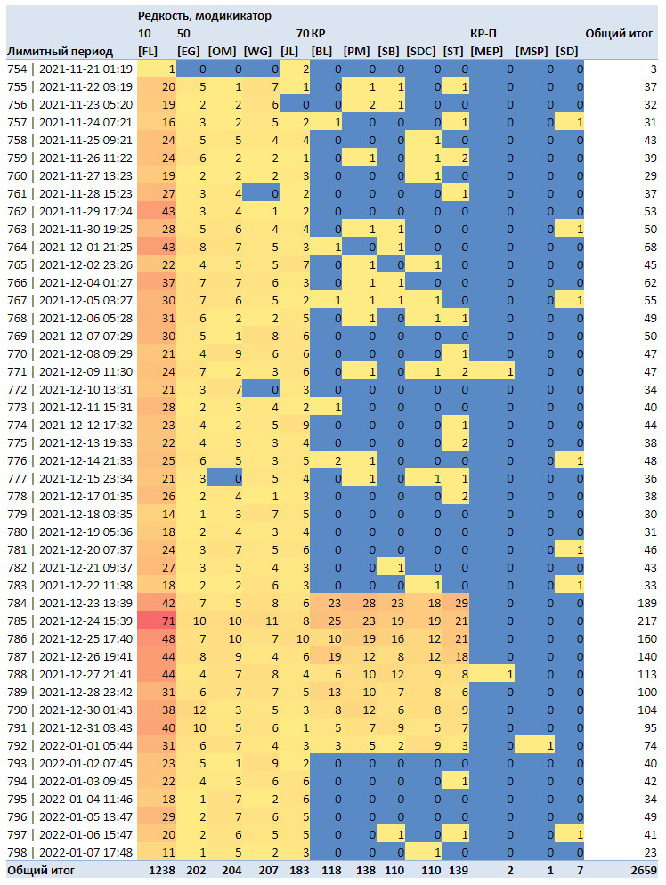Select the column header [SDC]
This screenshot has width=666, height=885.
(x=421, y=52)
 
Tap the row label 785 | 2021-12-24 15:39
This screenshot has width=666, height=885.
(x=70, y=621)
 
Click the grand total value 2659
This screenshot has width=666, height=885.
(x=644, y=871)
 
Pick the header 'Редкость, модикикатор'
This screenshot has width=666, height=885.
(x=204, y=16)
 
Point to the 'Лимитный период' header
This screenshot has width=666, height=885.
(x=60, y=52)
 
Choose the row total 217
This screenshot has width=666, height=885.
(x=646, y=621)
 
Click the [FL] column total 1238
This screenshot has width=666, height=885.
(x=162, y=871)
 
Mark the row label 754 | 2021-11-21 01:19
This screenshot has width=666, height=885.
(x=70, y=69)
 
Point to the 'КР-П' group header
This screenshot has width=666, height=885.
(x=483, y=33)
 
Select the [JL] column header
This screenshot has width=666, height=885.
(x=289, y=52)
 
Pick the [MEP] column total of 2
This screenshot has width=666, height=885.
(x=510, y=871)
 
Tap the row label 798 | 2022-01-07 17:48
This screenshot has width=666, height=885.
(x=70, y=852)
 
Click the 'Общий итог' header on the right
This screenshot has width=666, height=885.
(x=619, y=33)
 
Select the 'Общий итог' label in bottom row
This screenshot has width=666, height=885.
(x=41, y=871)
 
